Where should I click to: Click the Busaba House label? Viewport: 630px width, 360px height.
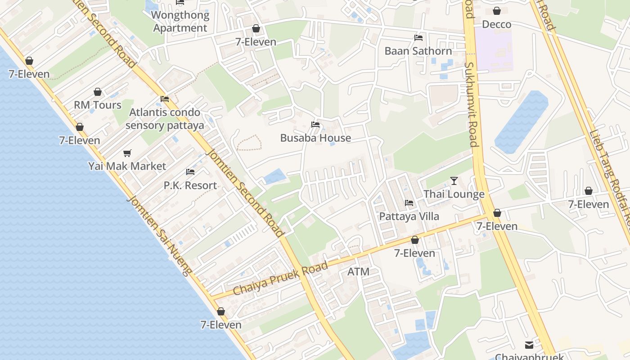tap(315, 138)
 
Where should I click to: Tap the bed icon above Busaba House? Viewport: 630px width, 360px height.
tap(315, 125)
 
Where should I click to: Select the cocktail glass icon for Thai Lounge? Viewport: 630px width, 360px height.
tap(454, 181)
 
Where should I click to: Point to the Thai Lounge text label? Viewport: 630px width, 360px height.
tap(454, 194)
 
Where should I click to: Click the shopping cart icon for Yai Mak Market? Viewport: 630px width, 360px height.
tap(127, 153)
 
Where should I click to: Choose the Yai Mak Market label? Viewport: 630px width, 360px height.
tap(127, 166)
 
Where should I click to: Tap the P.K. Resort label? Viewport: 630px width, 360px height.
tap(190, 185)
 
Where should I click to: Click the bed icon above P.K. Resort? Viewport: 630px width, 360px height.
tap(190, 172)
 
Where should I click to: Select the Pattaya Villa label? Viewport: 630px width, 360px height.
tap(409, 216)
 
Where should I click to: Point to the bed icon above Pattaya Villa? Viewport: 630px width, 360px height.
tap(409, 203)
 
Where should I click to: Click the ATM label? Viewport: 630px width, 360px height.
tap(359, 272)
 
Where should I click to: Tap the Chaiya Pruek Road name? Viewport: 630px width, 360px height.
tap(281, 279)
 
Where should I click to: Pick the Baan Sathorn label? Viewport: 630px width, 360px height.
tap(418, 51)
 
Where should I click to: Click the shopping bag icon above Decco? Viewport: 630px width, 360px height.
tap(497, 11)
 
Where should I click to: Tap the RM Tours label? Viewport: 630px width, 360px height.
tap(98, 105)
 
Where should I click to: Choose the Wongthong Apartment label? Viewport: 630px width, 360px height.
tap(180, 22)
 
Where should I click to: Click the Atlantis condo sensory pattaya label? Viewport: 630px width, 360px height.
tap(165, 119)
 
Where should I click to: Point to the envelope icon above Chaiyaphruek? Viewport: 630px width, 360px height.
tap(529, 345)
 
